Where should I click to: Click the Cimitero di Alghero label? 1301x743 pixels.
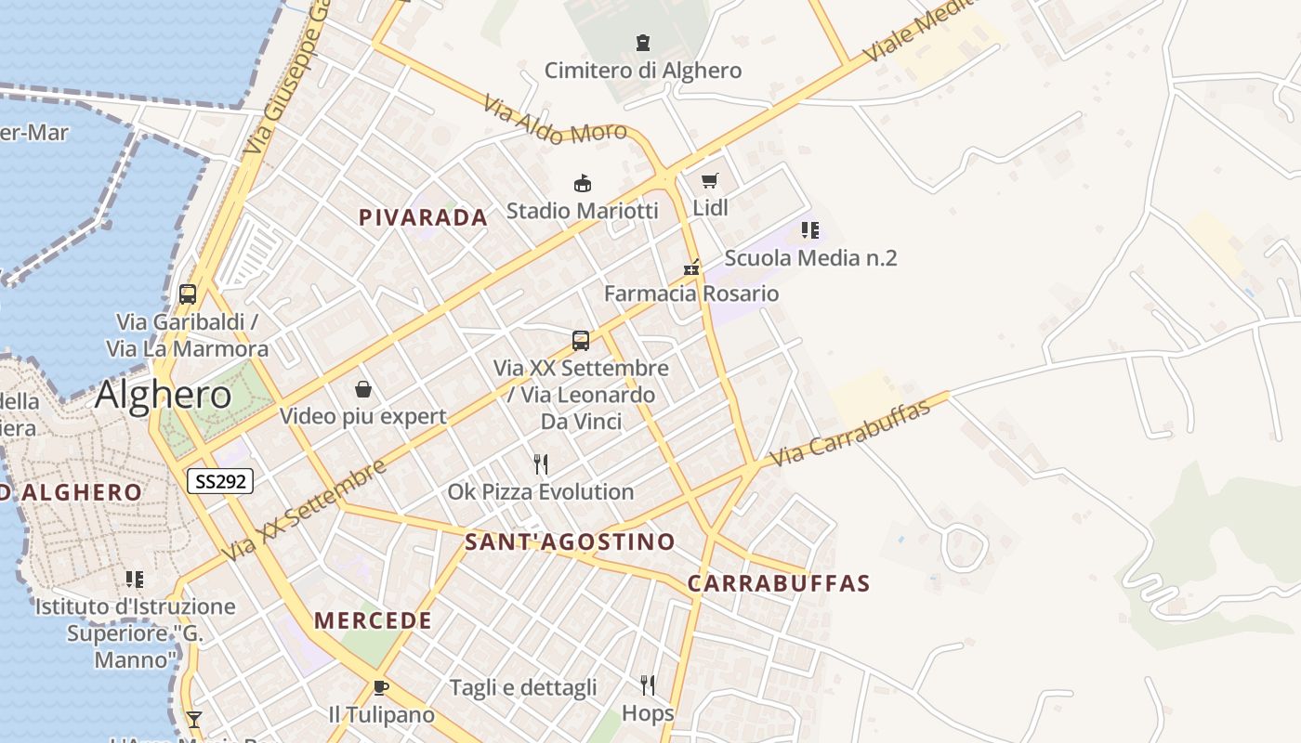pyautogui.click(x=643, y=71)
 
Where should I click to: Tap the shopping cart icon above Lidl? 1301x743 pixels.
pyautogui.click(x=710, y=180)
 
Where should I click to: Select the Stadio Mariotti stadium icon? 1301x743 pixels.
pyautogui.click(x=583, y=183)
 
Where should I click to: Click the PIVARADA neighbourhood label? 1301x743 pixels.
pyautogui.click(x=423, y=217)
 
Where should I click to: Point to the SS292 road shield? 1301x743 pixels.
pyautogui.click(x=219, y=481)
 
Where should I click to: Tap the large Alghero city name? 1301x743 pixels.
pyautogui.click(x=164, y=395)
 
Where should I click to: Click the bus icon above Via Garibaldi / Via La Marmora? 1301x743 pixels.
pyautogui.click(x=188, y=294)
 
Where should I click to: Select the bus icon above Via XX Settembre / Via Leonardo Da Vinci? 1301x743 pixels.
pyautogui.click(x=581, y=340)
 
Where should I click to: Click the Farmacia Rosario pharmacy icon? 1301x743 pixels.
pyautogui.click(x=690, y=267)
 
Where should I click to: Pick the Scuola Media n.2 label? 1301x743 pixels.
pyautogui.click(x=810, y=257)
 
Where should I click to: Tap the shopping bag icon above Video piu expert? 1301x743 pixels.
pyautogui.click(x=363, y=389)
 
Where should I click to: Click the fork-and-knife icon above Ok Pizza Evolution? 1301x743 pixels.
pyautogui.click(x=541, y=463)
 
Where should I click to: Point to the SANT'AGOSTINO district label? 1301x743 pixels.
pyautogui.click(x=570, y=541)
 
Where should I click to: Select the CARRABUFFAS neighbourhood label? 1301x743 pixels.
pyautogui.click(x=779, y=583)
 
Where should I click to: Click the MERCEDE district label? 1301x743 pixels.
pyautogui.click(x=373, y=620)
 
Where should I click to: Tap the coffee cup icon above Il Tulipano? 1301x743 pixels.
pyautogui.click(x=380, y=688)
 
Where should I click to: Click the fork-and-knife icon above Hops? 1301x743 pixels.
pyautogui.click(x=648, y=685)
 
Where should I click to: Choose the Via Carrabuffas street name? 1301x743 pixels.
pyautogui.click(x=850, y=433)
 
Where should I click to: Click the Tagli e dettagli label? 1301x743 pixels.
pyautogui.click(x=523, y=688)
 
